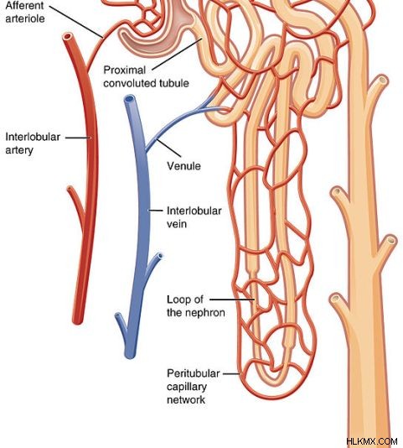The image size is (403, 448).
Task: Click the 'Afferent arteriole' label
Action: pos(25,12)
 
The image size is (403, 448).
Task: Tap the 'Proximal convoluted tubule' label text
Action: pos(146,76)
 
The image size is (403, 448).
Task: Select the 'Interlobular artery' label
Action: pos(33,143)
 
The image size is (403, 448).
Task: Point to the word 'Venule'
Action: pos(183,166)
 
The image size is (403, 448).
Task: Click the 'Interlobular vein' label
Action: pos(194,217)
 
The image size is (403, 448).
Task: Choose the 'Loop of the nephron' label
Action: pos(196,306)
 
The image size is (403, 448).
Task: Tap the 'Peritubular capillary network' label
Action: pos(194,386)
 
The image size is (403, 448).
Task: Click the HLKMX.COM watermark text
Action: pos(372,441)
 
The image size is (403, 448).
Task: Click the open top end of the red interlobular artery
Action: pos(68,37)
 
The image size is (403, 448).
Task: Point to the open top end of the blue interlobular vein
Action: pos(129,99)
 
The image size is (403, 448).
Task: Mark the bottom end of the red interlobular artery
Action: pos(77,321)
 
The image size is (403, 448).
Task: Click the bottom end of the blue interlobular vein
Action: pos(130,356)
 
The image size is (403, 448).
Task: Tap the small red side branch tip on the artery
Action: pos(70,188)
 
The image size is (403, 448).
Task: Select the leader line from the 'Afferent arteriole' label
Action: pos(76,22)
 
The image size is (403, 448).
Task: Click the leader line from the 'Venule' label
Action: pos(168,148)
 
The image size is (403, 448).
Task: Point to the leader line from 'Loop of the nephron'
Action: pos(232,300)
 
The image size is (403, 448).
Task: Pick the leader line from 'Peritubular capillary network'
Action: pos(232,373)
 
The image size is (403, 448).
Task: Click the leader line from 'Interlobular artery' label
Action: pos(78,138)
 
